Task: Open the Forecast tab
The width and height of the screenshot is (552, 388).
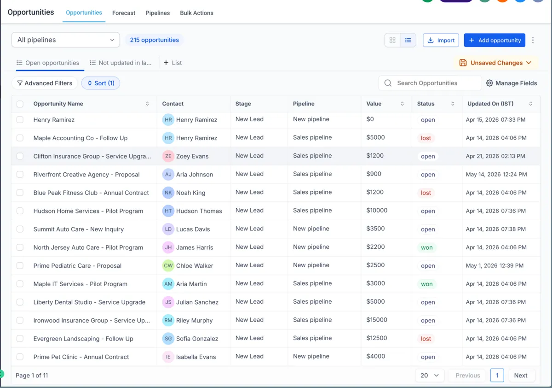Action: (124, 13)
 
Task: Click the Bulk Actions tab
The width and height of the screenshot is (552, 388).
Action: (197, 13)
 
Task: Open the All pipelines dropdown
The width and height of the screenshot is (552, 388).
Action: (65, 40)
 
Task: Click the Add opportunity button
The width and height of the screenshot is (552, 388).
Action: (494, 40)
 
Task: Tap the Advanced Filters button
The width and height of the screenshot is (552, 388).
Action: (45, 83)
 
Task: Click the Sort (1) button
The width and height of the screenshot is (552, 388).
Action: (101, 83)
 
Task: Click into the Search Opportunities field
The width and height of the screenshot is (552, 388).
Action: (430, 83)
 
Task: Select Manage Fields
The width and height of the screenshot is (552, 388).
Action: (512, 83)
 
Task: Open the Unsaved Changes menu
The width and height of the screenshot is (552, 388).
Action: (495, 63)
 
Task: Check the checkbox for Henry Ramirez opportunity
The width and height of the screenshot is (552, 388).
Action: (20, 120)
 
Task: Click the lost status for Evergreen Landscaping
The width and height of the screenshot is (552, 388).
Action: (426, 339)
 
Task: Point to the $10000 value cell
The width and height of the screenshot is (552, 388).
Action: (377, 211)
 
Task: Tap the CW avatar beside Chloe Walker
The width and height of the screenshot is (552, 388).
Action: (168, 265)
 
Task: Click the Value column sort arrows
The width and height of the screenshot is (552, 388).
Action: (402, 104)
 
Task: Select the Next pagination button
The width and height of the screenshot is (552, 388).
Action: (521, 376)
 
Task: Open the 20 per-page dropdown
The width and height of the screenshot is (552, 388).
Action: (430, 376)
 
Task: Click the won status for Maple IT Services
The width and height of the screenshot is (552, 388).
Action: (427, 284)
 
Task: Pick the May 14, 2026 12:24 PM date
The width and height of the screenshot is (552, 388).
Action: (496, 175)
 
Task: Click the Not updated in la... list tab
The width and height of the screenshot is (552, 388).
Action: (121, 63)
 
